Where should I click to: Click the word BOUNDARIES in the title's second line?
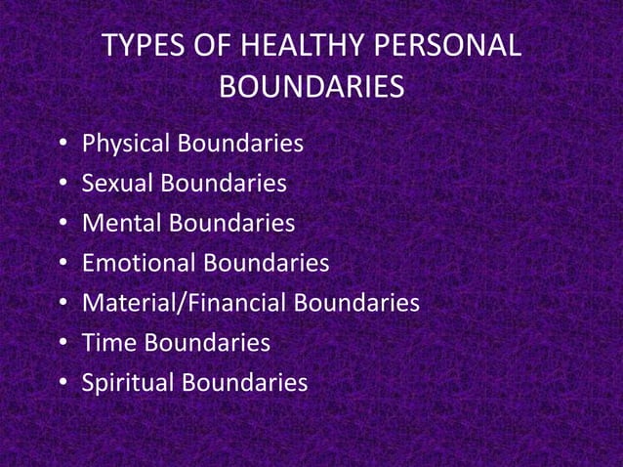(x=311, y=88)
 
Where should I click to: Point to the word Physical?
(x=125, y=145)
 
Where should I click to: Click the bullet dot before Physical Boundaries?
(x=62, y=146)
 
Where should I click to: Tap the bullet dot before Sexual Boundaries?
(x=62, y=185)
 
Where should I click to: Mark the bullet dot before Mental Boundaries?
(x=62, y=225)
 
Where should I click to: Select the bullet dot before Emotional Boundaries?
(x=62, y=265)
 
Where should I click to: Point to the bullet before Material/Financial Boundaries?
(x=62, y=305)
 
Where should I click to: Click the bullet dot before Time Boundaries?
(x=62, y=344)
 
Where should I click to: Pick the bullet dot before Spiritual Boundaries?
(x=62, y=384)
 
